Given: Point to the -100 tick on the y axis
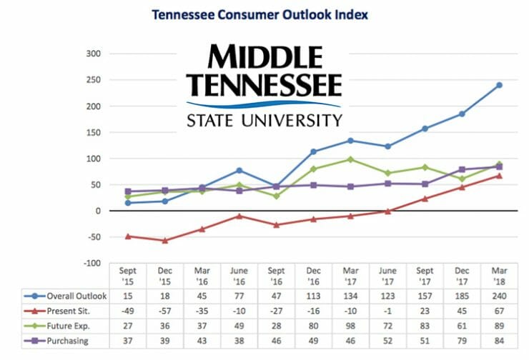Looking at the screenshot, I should [93, 264].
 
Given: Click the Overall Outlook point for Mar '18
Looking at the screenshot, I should [499, 85].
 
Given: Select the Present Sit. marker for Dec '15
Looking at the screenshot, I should [165, 241].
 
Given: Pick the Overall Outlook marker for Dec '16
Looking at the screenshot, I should [313, 151].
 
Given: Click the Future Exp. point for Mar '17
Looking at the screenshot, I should [350, 159].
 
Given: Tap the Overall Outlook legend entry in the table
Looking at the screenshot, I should [71, 296].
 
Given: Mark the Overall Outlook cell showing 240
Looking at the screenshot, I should [499, 296].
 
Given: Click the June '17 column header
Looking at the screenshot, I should [387, 277].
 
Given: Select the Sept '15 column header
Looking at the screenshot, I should [128, 277].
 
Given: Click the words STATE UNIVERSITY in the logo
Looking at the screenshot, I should [264, 119].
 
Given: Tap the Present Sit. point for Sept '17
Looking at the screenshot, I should [425, 199].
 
